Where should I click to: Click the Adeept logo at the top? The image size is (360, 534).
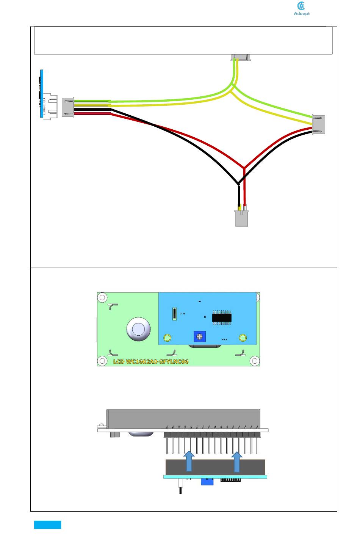(x=302, y=9)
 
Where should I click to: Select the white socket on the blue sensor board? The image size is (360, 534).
(x=50, y=107)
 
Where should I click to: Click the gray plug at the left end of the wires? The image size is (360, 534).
(x=68, y=107)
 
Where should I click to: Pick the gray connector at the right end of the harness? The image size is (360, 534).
(x=318, y=124)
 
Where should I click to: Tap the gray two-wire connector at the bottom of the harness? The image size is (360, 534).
(x=241, y=218)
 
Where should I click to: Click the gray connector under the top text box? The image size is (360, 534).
(x=241, y=58)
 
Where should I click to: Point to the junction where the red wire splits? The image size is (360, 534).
(x=244, y=167)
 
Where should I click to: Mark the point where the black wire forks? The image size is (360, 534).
(x=238, y=184)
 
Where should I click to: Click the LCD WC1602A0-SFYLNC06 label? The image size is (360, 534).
(x=151, y=361)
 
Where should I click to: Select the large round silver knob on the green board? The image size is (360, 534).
(x=138, y=329)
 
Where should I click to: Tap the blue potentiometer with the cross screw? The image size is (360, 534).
(x=200, y=336)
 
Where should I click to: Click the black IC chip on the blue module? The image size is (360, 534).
(x=222, y=317)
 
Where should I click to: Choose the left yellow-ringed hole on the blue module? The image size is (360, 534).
(x=167, y=338)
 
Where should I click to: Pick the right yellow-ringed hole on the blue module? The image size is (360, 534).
(x=243, y=338)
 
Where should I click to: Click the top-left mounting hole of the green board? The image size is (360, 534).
(x=102, y=298)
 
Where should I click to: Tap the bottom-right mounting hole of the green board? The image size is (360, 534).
(x=255, y=361)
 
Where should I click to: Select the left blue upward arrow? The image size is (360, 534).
(x=189, y=461)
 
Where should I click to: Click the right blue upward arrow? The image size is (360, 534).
(x=236, y=461)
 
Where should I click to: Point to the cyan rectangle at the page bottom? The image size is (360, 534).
(x=47, y=525)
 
